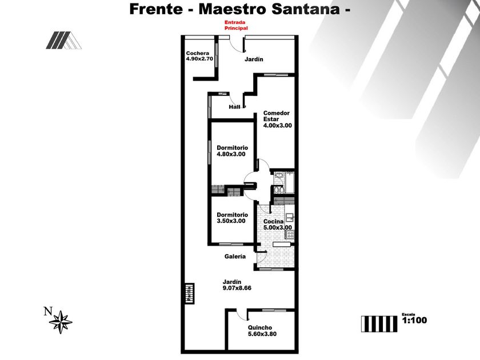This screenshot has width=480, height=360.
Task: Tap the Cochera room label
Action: coord(197,53)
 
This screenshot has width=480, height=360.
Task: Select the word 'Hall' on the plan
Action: coord(234,107)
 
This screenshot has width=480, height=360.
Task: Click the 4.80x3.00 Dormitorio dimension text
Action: coord(231,154)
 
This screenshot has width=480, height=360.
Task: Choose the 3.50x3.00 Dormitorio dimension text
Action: coord(231,221)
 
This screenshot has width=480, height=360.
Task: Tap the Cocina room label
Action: coord(273,221)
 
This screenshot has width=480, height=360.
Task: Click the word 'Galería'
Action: coord(234,257)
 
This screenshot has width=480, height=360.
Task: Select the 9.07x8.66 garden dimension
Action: coord(237,288)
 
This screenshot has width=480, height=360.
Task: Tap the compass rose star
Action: coord(61,322)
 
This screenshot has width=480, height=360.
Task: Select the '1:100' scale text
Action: coord(414,321)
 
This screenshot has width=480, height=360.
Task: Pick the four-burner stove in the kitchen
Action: coord(290,233)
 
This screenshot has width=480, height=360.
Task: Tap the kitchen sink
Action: coord(290,217)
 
